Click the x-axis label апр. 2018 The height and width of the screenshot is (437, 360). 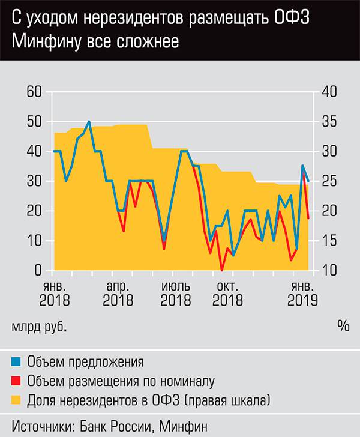tap(118, 293)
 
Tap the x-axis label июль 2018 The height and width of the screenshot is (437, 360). tap(176, 293)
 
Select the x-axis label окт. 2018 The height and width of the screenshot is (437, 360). tap(229, 293)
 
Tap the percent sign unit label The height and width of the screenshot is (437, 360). tap(343, 327)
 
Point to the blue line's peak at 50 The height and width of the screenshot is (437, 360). tap(89, 121)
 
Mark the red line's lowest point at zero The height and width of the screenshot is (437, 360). tap(222, 270)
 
